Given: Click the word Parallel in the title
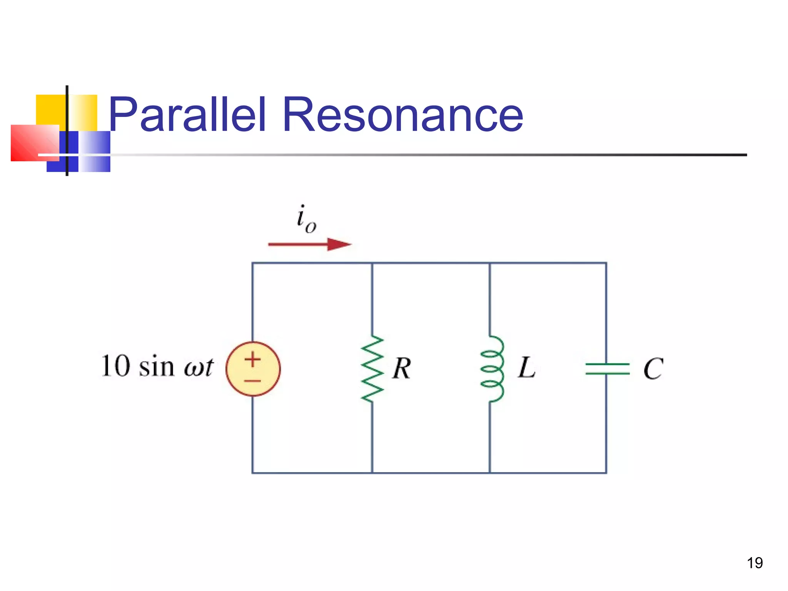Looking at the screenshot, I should [x=187, y=114].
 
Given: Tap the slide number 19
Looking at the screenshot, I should [x=755, y=563].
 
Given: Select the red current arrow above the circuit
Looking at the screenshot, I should [x=310, y=244].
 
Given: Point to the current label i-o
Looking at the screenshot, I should [x=306, y=219].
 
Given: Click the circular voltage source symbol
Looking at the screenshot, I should [x=253, y=369].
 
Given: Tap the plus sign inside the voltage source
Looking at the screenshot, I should [x=253, y=360].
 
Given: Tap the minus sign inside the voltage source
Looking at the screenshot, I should [x=253, y=381].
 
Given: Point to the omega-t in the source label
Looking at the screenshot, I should [x=198, y=367].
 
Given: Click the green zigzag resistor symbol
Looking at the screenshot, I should [x=372, y=369].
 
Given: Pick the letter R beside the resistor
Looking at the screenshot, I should [x=402, y=368].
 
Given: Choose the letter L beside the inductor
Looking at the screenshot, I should [x=526, y=367].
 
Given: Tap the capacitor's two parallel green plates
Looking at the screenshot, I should [x=607, y=369].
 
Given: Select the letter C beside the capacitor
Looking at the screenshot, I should [x=653, y=369].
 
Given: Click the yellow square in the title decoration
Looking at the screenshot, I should [x=50, y=110].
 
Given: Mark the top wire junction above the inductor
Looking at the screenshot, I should [x=489, y=263].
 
